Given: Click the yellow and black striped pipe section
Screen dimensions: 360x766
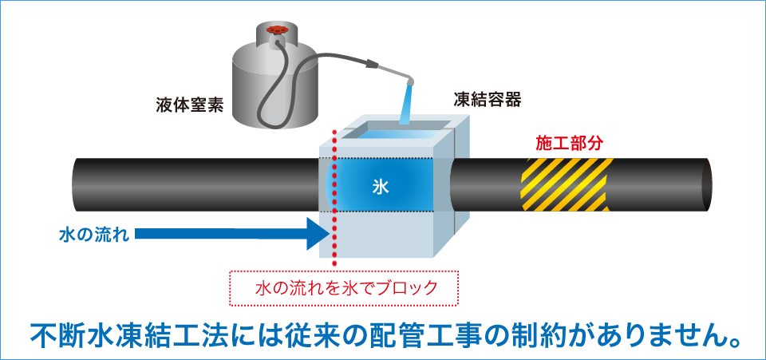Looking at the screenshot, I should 567,184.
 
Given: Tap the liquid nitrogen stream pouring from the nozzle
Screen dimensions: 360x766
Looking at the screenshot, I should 406,108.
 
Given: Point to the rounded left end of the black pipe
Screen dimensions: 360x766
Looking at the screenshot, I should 78,184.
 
